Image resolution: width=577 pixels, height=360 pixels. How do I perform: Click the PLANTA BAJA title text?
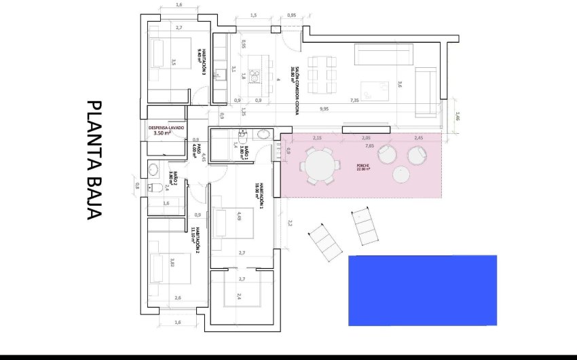pyautogui.click(x=94, y=161)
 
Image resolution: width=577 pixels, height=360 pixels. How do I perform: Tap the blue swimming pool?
pyautogui.click(x=422, y=290)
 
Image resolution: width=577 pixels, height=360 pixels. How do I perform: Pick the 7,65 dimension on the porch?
pyautogui.click(x=369, y=145)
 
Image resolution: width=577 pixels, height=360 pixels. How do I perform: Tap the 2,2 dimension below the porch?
pyautogui.click(x=289, y=222)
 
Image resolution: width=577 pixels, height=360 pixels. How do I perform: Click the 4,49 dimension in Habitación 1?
pyautogui.click(x=239, y=217)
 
